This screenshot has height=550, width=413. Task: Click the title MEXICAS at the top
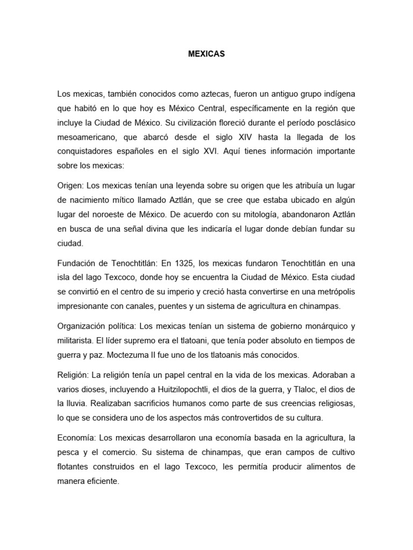pyautogui.click(x=206, y=54)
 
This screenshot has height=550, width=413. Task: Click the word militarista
pyautogui.click(x=76, y=340)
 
